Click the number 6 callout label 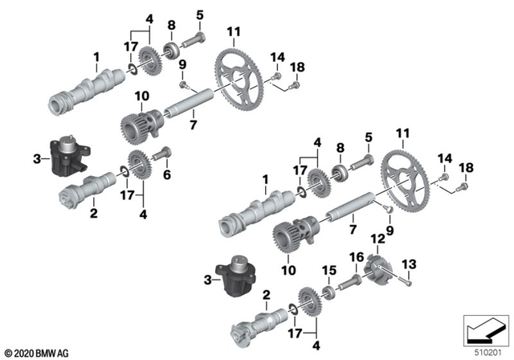pos(168,174)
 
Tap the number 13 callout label pos(410,263)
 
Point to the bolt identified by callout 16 pos(353,280)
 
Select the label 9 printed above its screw pos(182,64)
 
